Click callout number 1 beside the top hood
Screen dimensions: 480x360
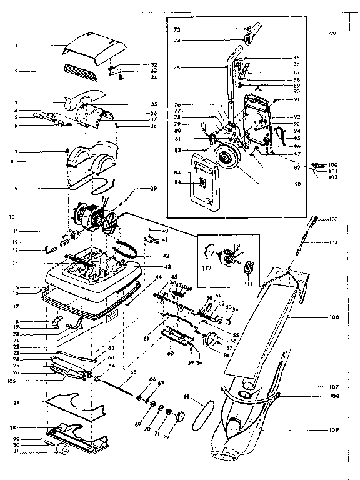coord(18,46)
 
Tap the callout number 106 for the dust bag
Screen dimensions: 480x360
coord(334,317)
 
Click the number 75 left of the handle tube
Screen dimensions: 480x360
coord(177,67)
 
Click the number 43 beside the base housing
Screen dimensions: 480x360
coord(151,267)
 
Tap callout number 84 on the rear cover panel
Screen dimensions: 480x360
coord(177,182)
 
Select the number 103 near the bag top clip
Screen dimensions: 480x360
coord(334,219)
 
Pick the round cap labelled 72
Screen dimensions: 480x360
coord(181,416)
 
